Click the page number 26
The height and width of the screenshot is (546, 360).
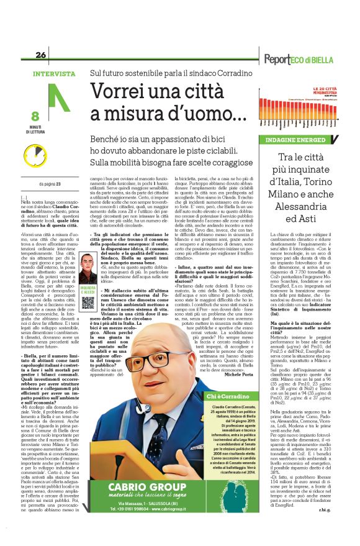tap(41, 55)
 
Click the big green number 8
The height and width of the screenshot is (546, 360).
tap(35, 116)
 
